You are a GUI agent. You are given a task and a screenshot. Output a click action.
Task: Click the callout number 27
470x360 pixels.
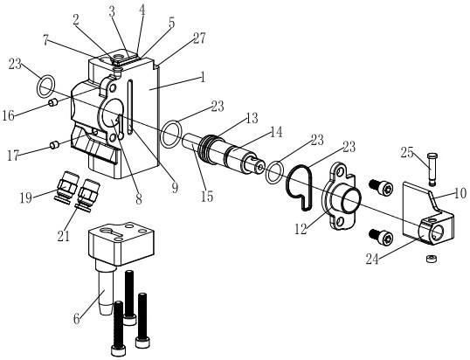(x=199, y=38)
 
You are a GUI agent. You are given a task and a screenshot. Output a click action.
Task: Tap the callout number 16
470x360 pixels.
(x=9, y=115)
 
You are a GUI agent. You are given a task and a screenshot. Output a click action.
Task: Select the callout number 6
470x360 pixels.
(x=77, y=320)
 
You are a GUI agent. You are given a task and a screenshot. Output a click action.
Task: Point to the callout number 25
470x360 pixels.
(x=407, y=153)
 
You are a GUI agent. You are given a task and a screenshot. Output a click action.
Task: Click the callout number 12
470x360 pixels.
(x=301, y=229)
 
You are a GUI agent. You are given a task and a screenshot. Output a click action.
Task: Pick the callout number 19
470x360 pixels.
(x=26, y=197)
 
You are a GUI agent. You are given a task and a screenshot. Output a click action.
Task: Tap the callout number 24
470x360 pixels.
(x=372, y=259)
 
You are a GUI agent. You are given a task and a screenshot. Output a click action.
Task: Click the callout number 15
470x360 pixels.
(x=207, y=197)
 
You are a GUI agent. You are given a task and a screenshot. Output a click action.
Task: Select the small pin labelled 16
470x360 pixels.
(x=53, y=103)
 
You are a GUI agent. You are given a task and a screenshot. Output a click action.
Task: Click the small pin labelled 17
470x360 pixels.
(x=54, y=145)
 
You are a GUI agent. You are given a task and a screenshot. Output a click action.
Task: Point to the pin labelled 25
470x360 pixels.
(x=431, y=169)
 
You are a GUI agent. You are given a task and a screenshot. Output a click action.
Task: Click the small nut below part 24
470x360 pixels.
(x=431, y=258)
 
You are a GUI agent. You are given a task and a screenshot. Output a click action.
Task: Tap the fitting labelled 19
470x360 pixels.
(x=67, y=188)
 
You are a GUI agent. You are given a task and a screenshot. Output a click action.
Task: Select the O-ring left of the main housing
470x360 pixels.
(x=45, y=87)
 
